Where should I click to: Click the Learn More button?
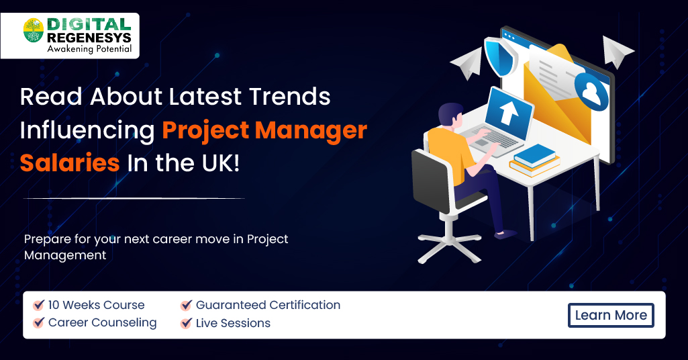611,315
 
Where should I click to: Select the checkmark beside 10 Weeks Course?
39,305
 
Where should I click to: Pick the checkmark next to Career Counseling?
39,323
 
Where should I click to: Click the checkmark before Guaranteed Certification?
187,306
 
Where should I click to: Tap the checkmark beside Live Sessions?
187,323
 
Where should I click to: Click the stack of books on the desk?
534,161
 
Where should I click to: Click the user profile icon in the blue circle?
591,93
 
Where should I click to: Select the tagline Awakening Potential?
89,49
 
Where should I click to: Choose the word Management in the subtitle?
65,255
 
